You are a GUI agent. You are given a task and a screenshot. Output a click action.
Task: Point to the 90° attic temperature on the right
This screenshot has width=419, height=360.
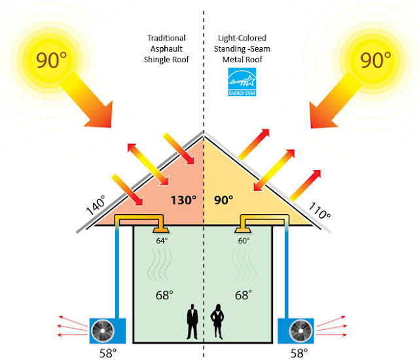coord(224,200)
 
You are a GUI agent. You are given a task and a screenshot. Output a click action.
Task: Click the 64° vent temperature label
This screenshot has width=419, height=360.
coord(160,242)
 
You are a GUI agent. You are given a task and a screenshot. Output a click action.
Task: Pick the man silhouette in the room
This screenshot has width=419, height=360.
coord(192,323)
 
